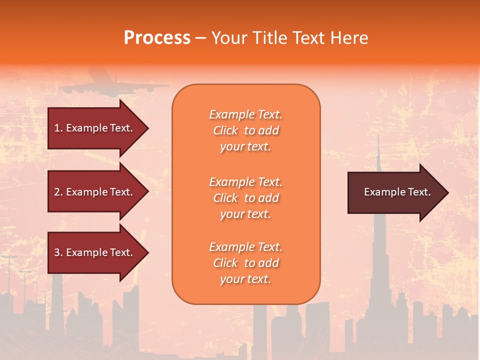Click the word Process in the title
157,38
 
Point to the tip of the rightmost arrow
447,192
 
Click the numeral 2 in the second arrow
57,192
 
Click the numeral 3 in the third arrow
57,252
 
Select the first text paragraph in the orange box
245,130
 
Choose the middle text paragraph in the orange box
245,198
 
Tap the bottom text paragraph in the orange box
245,263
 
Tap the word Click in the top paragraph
225,130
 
